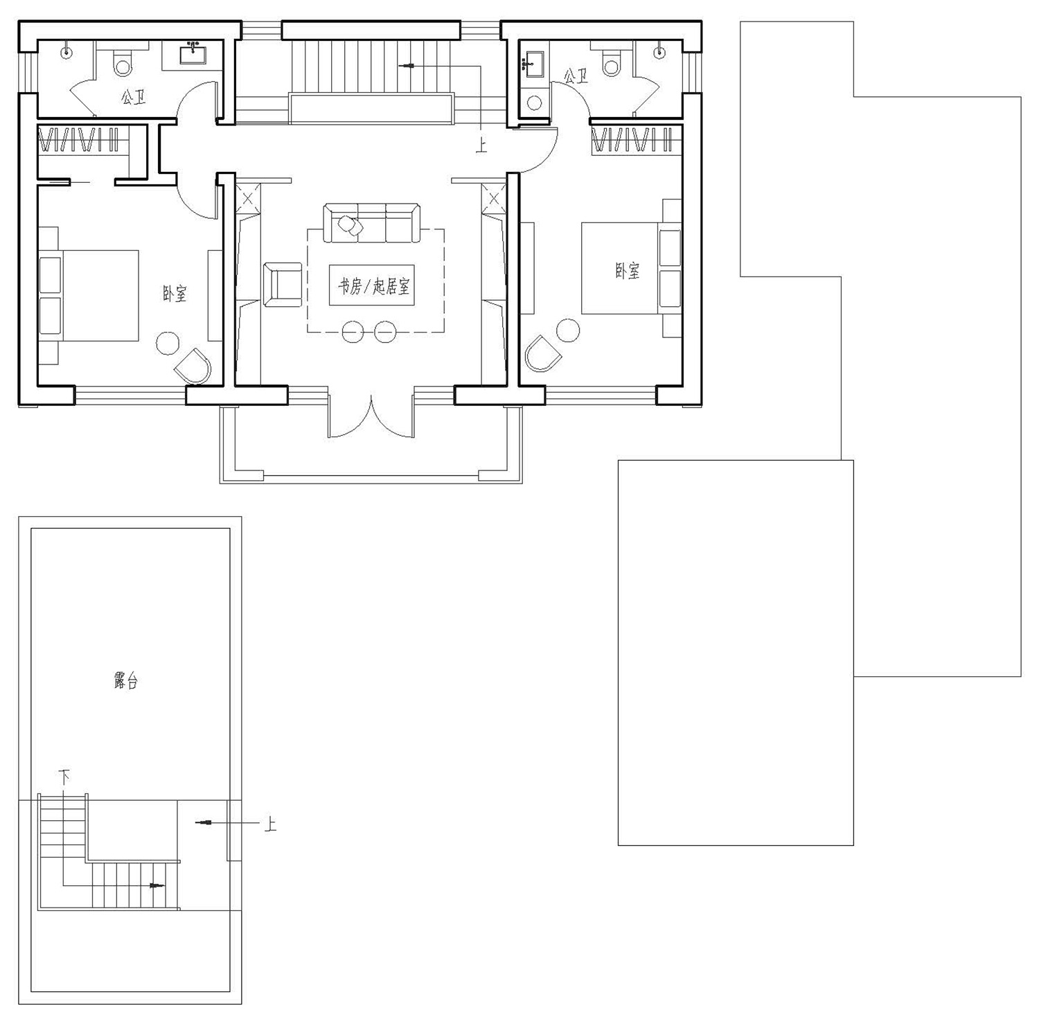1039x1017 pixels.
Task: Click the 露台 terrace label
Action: [126, 682]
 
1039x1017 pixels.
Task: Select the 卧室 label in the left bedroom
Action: [175, 294]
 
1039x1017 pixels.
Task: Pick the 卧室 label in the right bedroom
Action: [628, 270]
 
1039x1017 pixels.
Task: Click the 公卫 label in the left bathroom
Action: [134, 98]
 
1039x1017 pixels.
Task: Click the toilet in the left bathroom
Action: [123, 60]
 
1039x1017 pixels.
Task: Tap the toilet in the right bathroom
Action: [611, 60]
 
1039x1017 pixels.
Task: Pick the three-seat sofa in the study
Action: [372, 222]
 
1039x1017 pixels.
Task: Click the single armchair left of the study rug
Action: [283, 284]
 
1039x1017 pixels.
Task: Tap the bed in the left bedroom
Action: [88, 296]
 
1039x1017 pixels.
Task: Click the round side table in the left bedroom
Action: [168, 344]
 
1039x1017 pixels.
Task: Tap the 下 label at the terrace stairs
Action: [64, 776]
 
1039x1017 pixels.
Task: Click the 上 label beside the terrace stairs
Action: [269, 824]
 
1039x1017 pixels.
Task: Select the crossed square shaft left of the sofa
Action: [249, 197]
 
